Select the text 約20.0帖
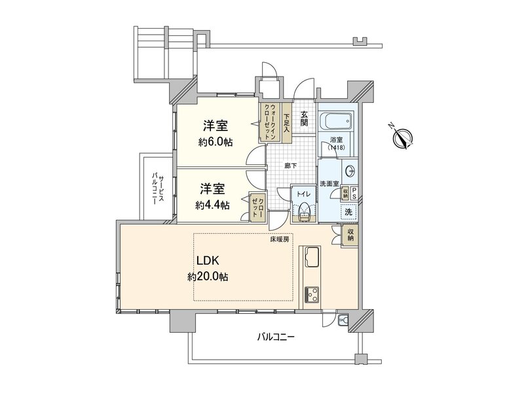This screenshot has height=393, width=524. pos(208,277)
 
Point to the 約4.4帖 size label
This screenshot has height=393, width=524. pos(212,205)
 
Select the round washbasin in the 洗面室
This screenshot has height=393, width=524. pos(350,172)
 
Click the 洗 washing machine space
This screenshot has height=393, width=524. pos(350,212)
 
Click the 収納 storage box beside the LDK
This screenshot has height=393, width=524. pos(350,234)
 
